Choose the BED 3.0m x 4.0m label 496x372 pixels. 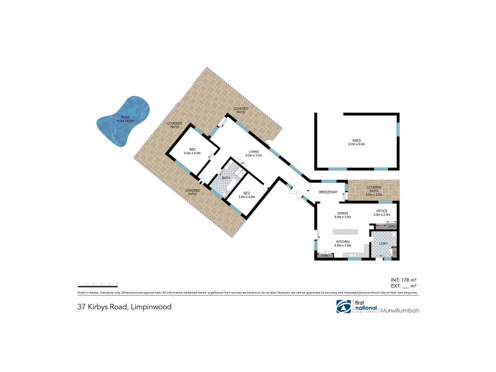pos(246,195)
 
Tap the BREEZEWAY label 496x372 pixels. pos(327,192)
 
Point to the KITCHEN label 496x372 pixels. pos(343,242)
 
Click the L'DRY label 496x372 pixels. pos(382,242)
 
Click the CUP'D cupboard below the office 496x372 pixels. pos(391,226)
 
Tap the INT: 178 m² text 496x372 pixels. pos(404,281)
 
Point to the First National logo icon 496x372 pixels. pos(340,307)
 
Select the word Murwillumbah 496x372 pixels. pos(401,309)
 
